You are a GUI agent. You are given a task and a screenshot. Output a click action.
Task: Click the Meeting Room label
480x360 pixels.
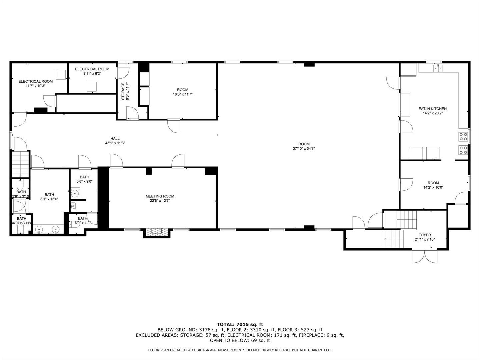coord(160,196)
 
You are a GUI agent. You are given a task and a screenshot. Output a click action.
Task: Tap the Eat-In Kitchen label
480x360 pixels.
coord(432,109)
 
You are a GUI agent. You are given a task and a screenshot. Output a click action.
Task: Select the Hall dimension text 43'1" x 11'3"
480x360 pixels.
coord(115,143)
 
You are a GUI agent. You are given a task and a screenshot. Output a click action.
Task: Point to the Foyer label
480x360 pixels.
coord(425,235)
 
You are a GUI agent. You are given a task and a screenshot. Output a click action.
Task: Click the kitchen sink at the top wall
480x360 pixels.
coord(438,68)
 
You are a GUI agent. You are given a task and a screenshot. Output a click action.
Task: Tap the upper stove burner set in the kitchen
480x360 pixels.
coord(463,136)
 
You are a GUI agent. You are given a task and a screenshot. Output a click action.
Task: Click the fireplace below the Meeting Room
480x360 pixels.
coord(156,232)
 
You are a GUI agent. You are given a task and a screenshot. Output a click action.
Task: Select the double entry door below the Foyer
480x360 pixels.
coord(425,256)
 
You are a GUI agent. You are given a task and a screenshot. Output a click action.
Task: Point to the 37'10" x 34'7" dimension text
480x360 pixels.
coord(304,149)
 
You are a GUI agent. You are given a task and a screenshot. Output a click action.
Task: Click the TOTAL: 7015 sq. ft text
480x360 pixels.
coord(240,324)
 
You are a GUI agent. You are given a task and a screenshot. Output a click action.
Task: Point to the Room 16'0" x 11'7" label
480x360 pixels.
coord(182,90)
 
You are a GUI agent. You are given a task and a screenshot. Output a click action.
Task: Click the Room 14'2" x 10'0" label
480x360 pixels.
coord(433,183)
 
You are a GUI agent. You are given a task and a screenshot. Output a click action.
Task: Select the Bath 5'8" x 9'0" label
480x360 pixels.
coord(84,177)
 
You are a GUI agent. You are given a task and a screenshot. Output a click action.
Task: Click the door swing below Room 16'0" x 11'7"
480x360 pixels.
coord(174,126)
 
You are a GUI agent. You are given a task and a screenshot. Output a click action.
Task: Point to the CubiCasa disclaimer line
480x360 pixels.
coord(240,350)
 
